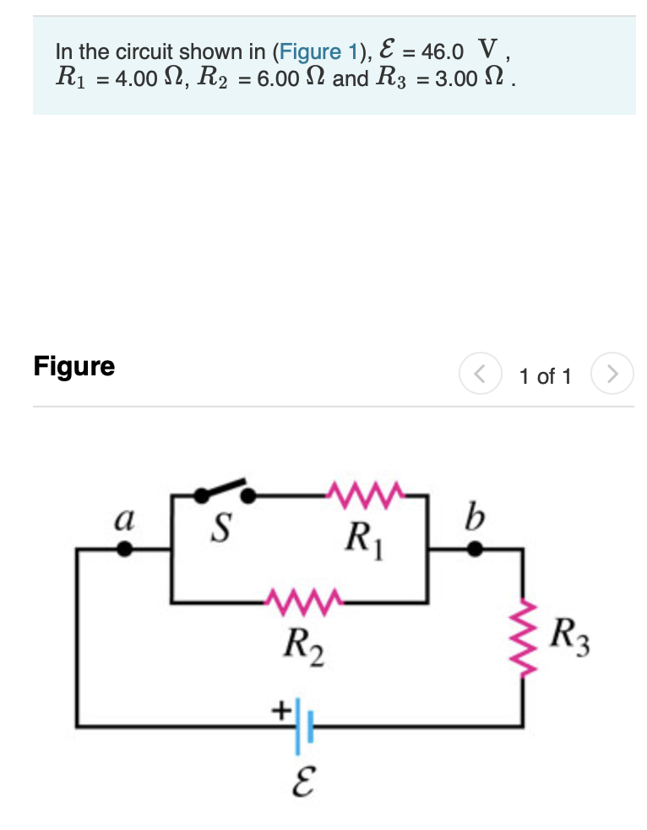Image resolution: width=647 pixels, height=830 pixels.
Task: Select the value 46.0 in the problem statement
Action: tap(442, 52)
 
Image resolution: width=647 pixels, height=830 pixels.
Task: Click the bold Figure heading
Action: tap(74, 367)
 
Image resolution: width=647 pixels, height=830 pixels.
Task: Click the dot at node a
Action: tap(124, 550)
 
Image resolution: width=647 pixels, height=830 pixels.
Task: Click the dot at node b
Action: tap(476, 550)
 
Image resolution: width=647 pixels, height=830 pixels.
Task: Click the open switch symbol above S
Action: tap(221, 492)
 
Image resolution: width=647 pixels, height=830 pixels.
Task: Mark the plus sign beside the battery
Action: tap(279, 710)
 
